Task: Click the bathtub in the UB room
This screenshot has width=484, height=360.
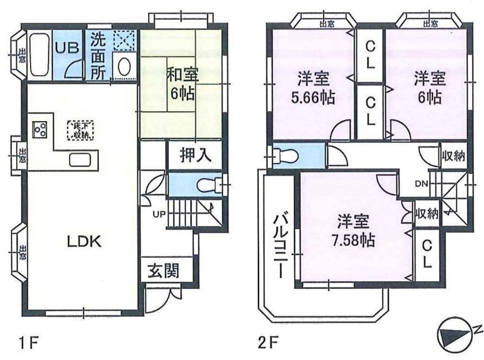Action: (x=38, y=55)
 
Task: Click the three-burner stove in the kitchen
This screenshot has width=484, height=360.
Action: (x=40, y=129)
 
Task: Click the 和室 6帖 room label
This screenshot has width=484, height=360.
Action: (x=181, y=84)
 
